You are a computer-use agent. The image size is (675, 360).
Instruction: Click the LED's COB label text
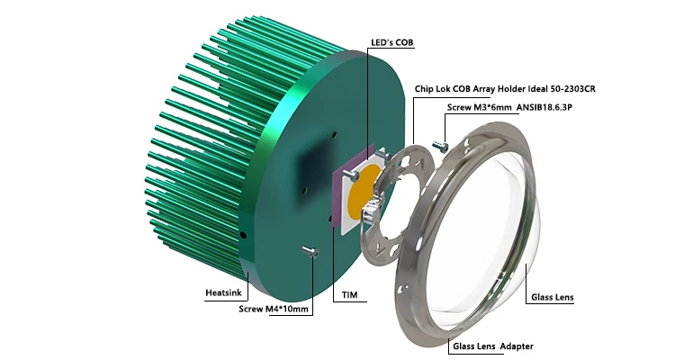391,42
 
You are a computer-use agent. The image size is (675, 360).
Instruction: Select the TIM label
349,295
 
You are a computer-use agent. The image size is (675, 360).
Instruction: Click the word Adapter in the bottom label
517,346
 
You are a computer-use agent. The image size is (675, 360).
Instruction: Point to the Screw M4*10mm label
274,309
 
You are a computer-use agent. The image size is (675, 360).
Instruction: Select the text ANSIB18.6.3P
544,107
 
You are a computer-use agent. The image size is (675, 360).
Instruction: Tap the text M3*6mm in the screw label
493,107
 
